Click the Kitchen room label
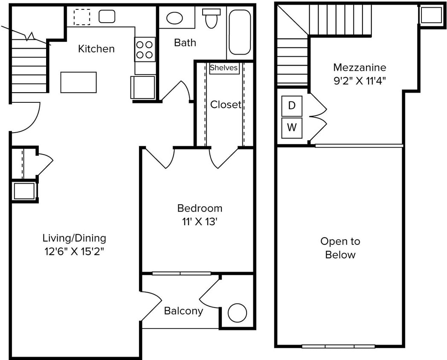coord(96,49)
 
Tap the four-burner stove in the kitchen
coord(145,49)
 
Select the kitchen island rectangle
coord(78,82)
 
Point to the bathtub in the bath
coord(240,32)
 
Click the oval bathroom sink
coord(174,18)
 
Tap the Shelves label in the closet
coord(224,68)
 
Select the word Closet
coord(226,105)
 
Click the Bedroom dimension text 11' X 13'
coord(200,221)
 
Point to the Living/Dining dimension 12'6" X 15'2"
coord(74,251)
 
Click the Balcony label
coord(183,311)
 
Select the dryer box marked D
coord(292,106)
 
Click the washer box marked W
coord(292,128)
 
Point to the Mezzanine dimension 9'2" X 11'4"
coord(360,81)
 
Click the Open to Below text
coord(340,248)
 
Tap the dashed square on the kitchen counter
coord(82,17)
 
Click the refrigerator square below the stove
coord(143,87)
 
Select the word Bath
coord(185,43)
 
